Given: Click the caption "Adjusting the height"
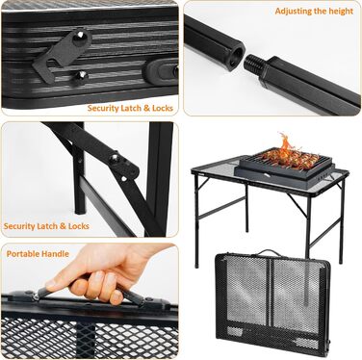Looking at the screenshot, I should click(313, 11).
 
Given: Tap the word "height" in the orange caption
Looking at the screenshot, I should click(336, 11).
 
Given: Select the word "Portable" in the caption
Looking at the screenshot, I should click(23, 254).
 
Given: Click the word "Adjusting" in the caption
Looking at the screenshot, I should click(293, 11).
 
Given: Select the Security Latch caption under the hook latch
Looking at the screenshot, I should click(130, 108).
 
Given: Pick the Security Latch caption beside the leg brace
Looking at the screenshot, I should click(46, 226).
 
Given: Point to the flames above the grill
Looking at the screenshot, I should click(284, 143).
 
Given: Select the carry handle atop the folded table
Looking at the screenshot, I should click(271, 253).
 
